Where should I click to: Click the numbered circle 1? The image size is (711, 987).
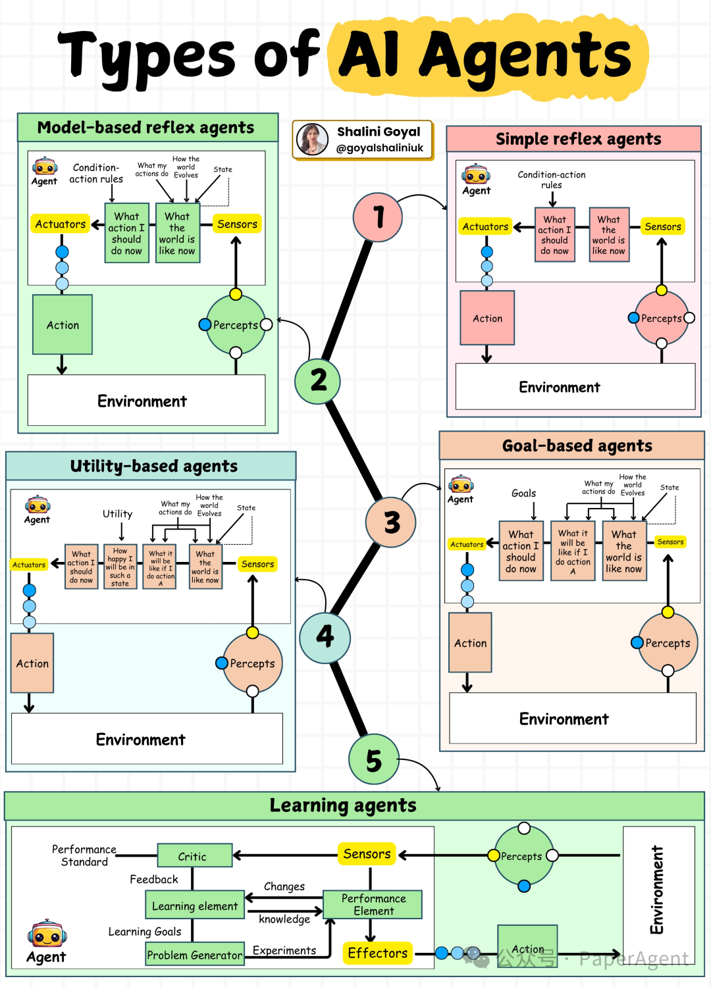[x=378, y=217]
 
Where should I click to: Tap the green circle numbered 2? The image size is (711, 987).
[x=318, y=381]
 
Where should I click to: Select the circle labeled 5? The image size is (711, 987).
[x=373, y=760]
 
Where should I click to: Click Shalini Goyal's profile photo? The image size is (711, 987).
[x=312, y=139]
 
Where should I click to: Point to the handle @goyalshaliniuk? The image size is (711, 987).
[x=380, y=148]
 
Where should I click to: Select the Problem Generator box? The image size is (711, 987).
[x=195, y=954]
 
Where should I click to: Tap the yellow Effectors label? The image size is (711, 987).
[x=377, y=953]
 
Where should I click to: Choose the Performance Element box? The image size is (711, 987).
[x=373, y=905]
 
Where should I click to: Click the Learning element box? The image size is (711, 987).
[x=195, y=906]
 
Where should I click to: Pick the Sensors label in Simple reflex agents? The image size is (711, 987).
[x=662, y=226]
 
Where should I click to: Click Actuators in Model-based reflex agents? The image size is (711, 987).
[x=61, y=224]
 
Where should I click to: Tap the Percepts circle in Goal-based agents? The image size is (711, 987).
[x=668, y=643]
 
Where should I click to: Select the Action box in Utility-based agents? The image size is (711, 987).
[x=32, y=663]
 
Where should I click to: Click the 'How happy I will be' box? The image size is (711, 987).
[x=120, y=567]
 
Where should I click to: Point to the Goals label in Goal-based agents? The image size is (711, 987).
[x=523, y=493]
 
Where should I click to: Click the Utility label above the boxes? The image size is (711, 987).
[x=117, y=514]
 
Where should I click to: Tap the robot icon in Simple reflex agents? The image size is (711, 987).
[x=475, y=175]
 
